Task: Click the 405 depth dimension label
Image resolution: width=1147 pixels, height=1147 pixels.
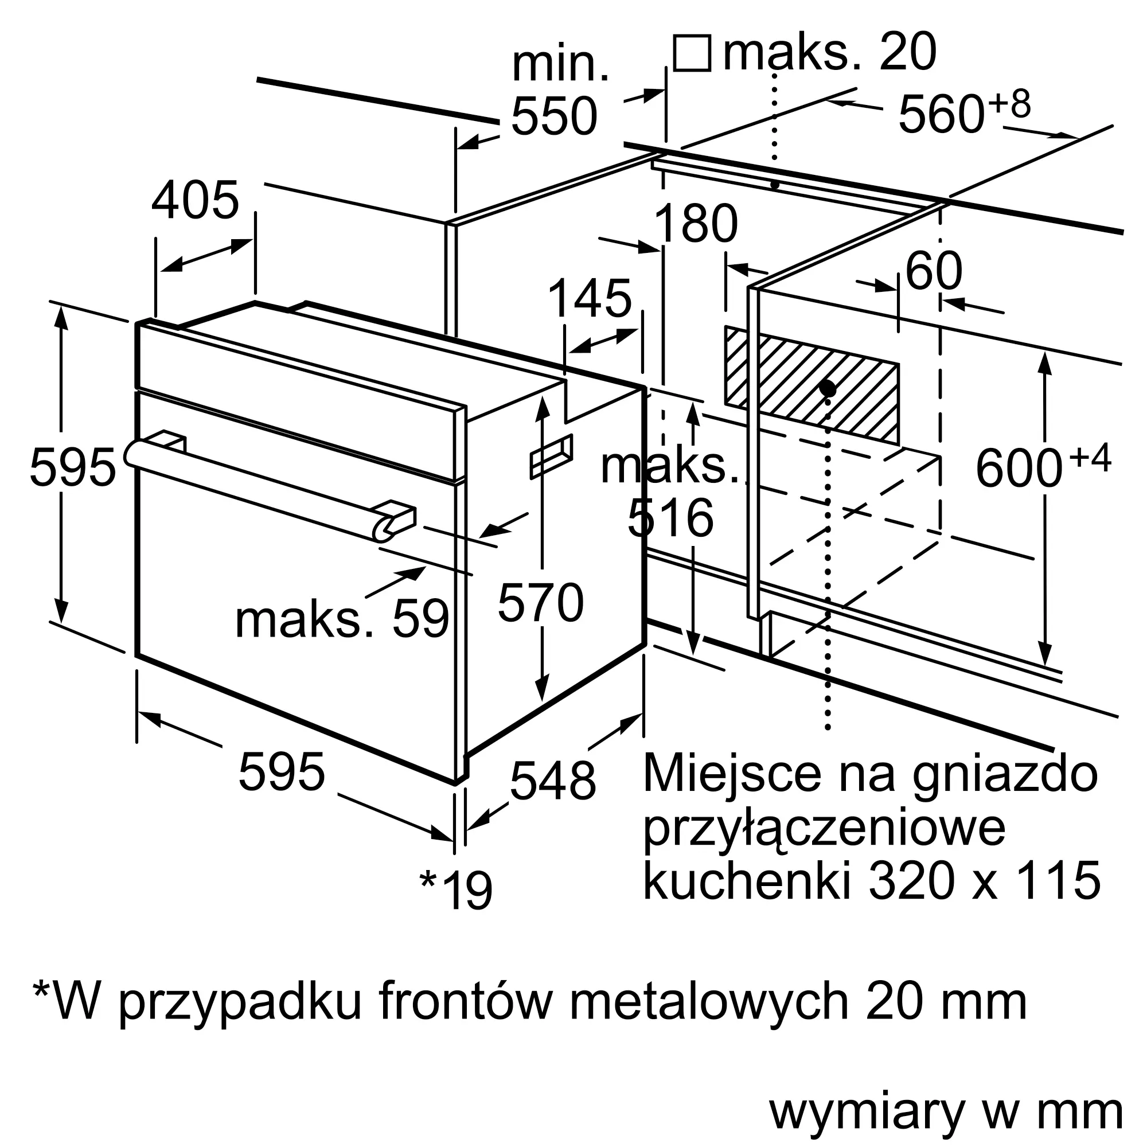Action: (196, 200)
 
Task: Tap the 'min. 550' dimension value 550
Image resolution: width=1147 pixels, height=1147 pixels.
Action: (554, 116)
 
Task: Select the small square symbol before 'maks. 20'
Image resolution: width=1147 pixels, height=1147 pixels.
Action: (692, 53)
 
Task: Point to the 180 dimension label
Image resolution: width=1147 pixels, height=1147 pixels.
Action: (695, 223)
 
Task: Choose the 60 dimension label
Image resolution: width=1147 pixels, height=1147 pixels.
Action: (934, 271)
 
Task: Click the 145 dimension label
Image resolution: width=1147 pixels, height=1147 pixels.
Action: (590, 299)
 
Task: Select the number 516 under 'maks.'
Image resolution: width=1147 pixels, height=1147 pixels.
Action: (670, 518)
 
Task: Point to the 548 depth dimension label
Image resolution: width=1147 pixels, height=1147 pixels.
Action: (553, 782)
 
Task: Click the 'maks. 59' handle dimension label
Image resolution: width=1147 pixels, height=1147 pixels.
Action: (342, 620)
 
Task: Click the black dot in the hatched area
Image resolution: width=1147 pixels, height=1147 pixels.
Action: (827, 389)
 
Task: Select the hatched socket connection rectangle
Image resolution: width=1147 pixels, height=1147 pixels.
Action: (811, 385)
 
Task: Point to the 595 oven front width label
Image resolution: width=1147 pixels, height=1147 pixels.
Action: (282, 773)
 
